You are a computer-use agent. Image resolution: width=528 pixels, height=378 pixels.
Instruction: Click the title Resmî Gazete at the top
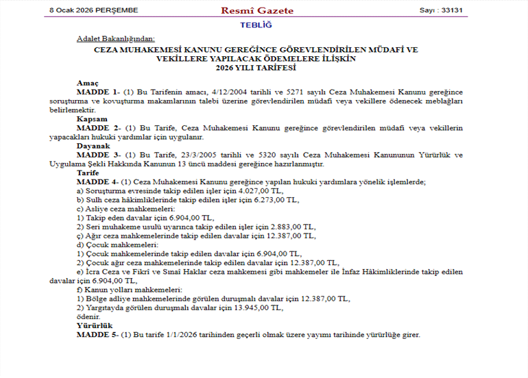[x=257, y=10]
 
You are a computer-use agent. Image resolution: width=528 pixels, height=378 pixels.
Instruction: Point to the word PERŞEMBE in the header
[x=115, y=10]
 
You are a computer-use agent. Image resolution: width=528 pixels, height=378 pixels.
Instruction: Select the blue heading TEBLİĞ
[x=256, y=25]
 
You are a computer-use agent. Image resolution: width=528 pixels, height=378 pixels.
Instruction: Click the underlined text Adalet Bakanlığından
[x=116, y=39]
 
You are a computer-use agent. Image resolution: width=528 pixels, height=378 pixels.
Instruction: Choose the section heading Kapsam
[x=91, y=118]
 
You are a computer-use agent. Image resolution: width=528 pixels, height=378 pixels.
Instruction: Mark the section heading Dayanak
[x=93, y=146]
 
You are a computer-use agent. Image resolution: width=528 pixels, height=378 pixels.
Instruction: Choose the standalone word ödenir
[x=88, y=316]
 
